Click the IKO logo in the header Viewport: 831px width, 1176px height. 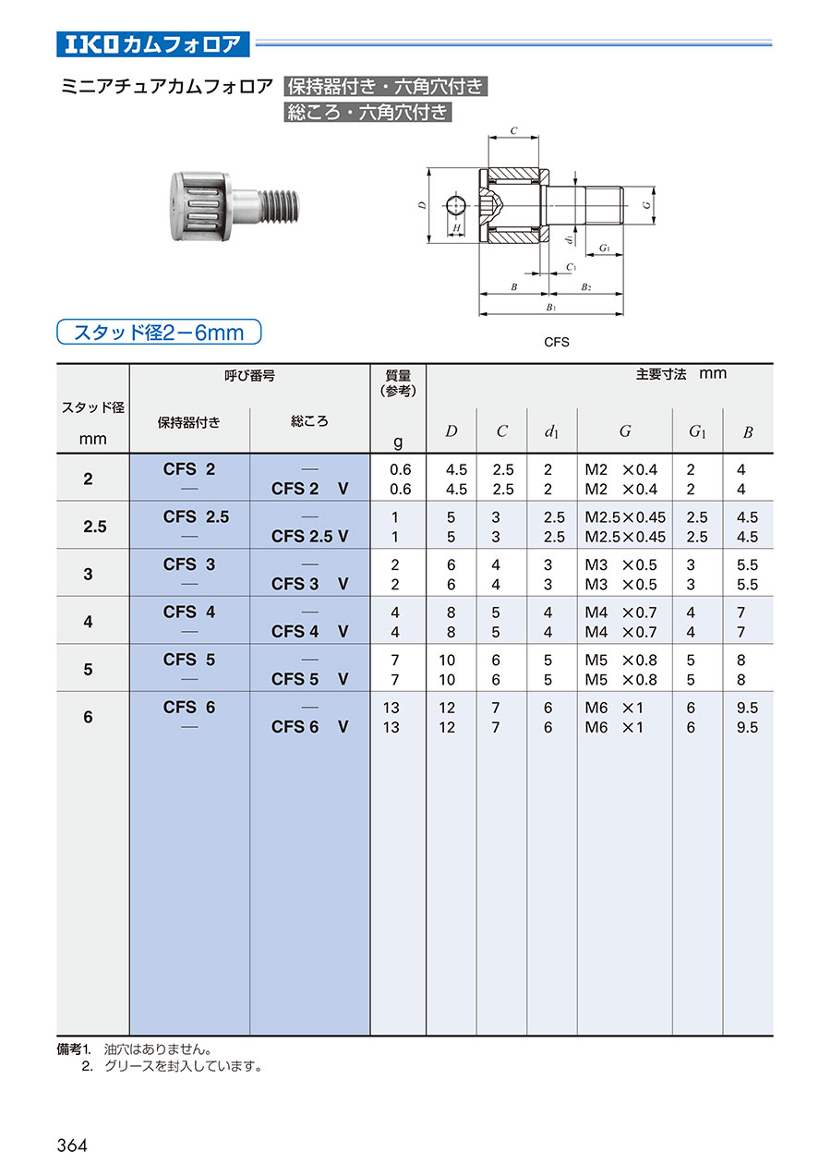point(92,43)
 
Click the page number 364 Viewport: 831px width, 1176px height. point(72,1145)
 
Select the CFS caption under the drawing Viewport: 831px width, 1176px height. point(557,342)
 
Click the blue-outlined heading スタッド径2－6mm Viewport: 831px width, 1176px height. point(159,332)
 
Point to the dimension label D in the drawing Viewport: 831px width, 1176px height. point(420,206)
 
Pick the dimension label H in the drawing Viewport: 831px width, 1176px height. point(456,226)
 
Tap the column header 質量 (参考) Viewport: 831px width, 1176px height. point(397,382)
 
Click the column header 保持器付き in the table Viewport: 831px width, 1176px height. point(188,422)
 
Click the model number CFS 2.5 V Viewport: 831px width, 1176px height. point(309,537)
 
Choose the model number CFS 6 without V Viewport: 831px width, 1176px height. point(189,708)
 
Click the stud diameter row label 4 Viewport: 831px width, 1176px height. point(89,622)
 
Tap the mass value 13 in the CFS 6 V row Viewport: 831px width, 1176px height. point(391,727)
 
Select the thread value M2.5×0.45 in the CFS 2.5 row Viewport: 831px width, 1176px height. point(624,517)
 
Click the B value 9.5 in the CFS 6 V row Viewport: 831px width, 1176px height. point(747,727)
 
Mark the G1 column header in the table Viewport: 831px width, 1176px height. point(697,431)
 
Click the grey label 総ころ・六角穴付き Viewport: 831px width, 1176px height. point(368,113)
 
